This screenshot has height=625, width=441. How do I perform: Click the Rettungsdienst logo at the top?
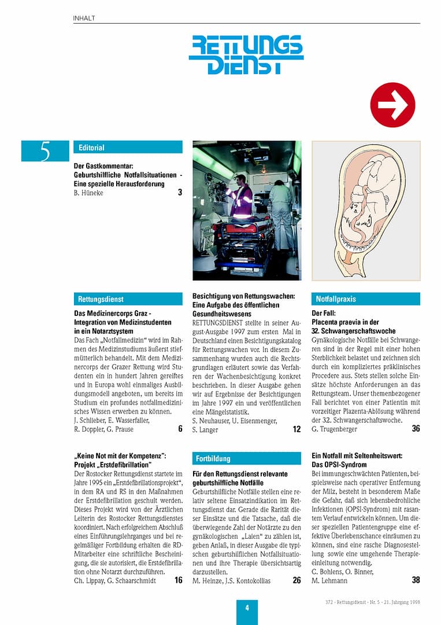click(246, 54)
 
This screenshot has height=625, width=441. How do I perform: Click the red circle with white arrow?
click(392, 105)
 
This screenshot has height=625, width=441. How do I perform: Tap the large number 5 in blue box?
click(45, 151)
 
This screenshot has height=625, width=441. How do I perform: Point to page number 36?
click(416, 429)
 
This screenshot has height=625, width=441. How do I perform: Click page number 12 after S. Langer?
click(297, 429)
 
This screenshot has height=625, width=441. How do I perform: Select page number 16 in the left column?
click(178, 580)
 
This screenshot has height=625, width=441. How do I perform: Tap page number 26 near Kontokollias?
click(297, 580)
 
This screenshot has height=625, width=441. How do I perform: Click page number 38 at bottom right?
click(416, 580)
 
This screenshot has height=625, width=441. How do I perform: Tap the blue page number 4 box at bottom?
click(247, 608)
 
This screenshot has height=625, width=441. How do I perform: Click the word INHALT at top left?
click(84, 19)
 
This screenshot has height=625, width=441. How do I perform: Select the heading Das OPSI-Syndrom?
click(339, 465)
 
